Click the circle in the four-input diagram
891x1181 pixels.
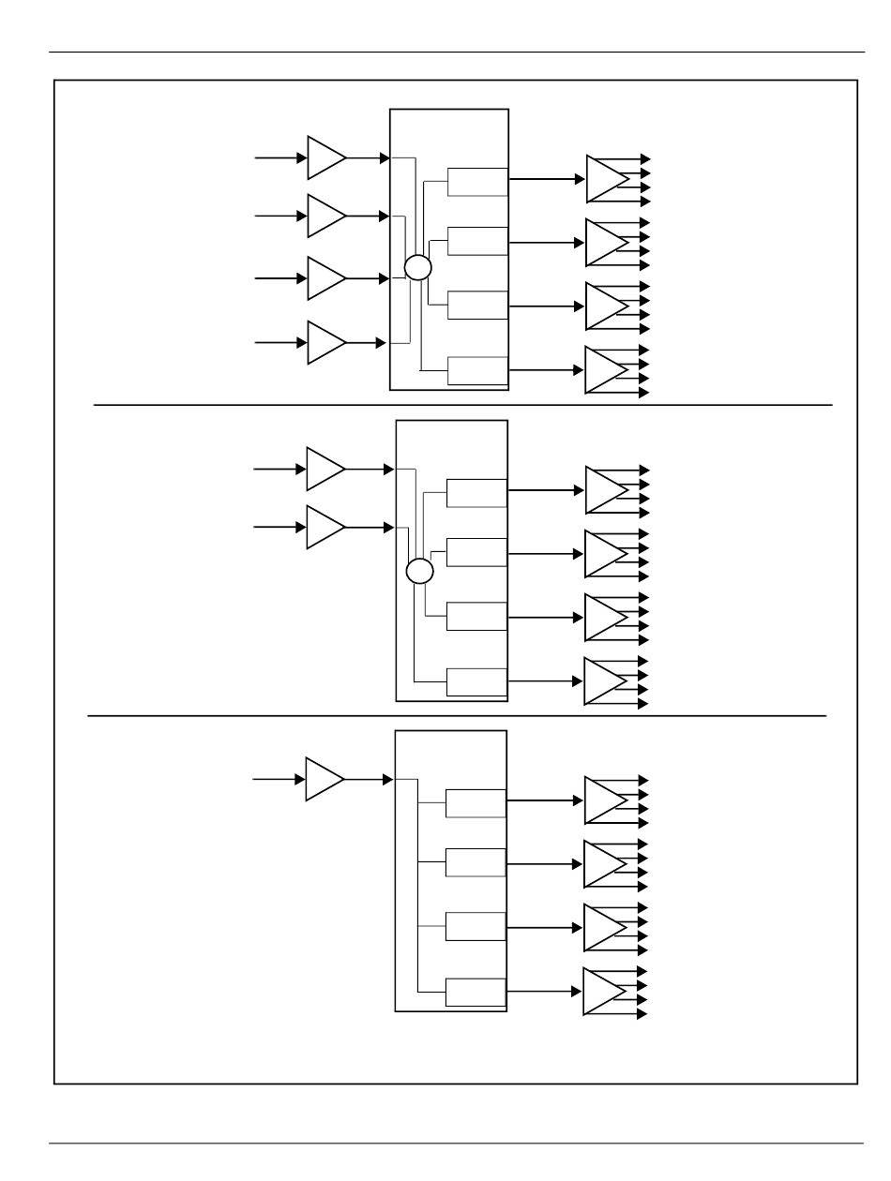pos(418,268)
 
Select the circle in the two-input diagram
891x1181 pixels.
pos(420,571)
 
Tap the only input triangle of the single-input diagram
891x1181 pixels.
pos(323,779)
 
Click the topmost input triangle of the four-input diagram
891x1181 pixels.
pos(325,157)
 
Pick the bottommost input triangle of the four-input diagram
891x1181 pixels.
pos(325,343)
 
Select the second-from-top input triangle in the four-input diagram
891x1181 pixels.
pos(325,217)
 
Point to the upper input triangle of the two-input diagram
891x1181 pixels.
pos(324,469)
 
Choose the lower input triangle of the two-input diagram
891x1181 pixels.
pos(324,528)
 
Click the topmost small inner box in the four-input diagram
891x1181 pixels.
pos(477,182)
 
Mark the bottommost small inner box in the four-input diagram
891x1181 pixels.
pos(477,371)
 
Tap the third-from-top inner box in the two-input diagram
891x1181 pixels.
pos(476,617)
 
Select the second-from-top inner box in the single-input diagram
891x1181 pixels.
pos(475,862)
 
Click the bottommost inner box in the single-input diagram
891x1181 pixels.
pos(475,992)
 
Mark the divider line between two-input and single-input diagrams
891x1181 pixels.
pos(457,716)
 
